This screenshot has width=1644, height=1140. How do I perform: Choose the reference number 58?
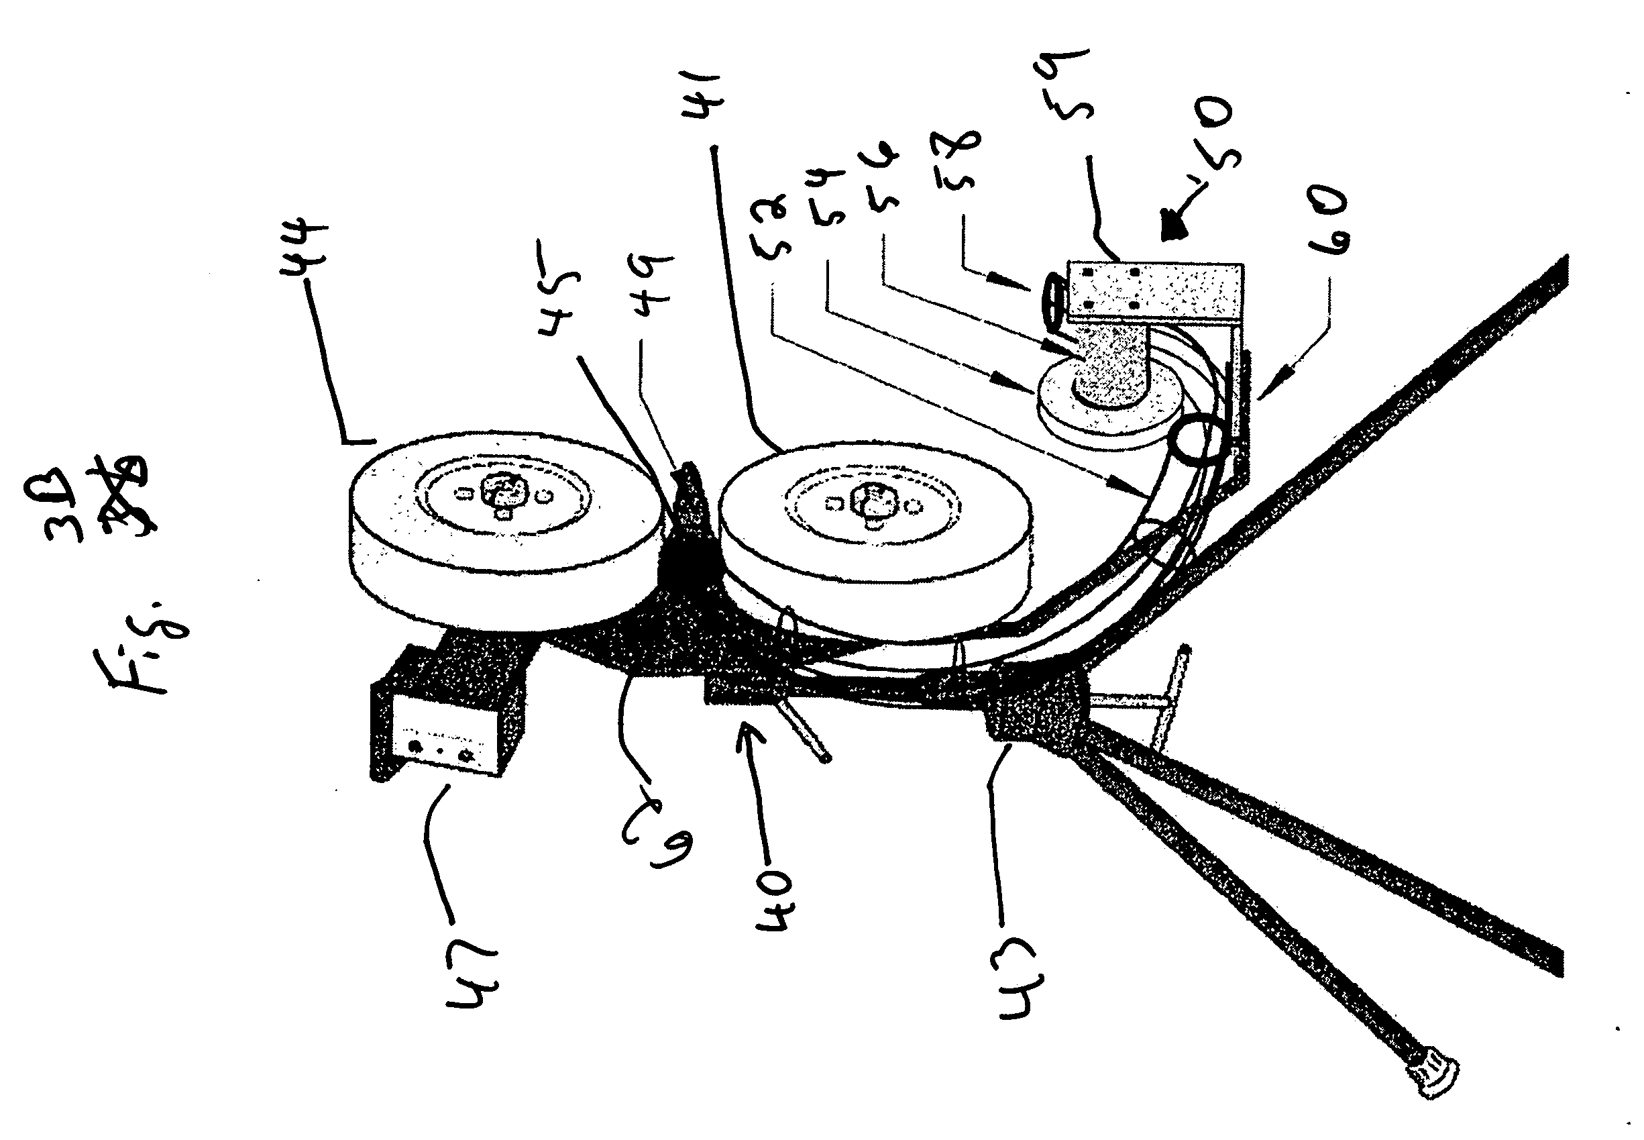pos(956,162)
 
